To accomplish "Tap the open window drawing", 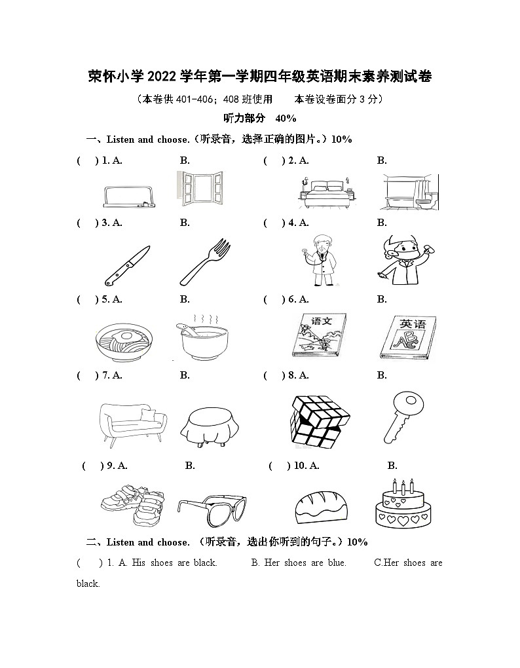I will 196,189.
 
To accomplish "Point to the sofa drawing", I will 132,424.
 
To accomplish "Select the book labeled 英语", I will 406,339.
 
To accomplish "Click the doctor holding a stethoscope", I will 321,260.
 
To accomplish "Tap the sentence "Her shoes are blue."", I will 299,563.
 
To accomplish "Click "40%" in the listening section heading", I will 286,119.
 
